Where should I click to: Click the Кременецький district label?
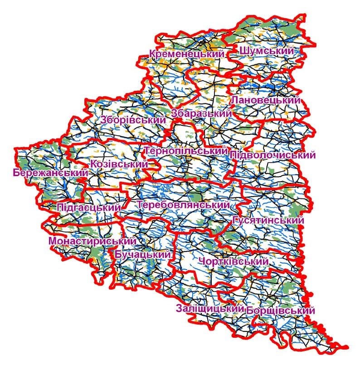[187, 54]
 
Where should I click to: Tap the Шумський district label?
[267, 51]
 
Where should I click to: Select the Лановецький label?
[265, 100]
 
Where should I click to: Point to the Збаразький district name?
[202, 113]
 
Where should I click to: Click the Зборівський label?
[133, 120]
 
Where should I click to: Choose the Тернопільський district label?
[185, 150]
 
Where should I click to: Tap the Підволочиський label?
[272, 155]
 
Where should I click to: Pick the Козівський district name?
[119, 164]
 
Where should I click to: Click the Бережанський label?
[50, 173]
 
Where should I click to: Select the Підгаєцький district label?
[89, 207]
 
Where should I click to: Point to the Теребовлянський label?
[183, 205]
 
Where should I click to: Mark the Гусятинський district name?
[268, 220]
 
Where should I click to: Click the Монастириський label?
[92, 241]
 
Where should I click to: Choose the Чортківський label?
[233, 262]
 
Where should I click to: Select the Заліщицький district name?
[208, 309]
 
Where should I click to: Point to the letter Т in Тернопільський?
[147, 150]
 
